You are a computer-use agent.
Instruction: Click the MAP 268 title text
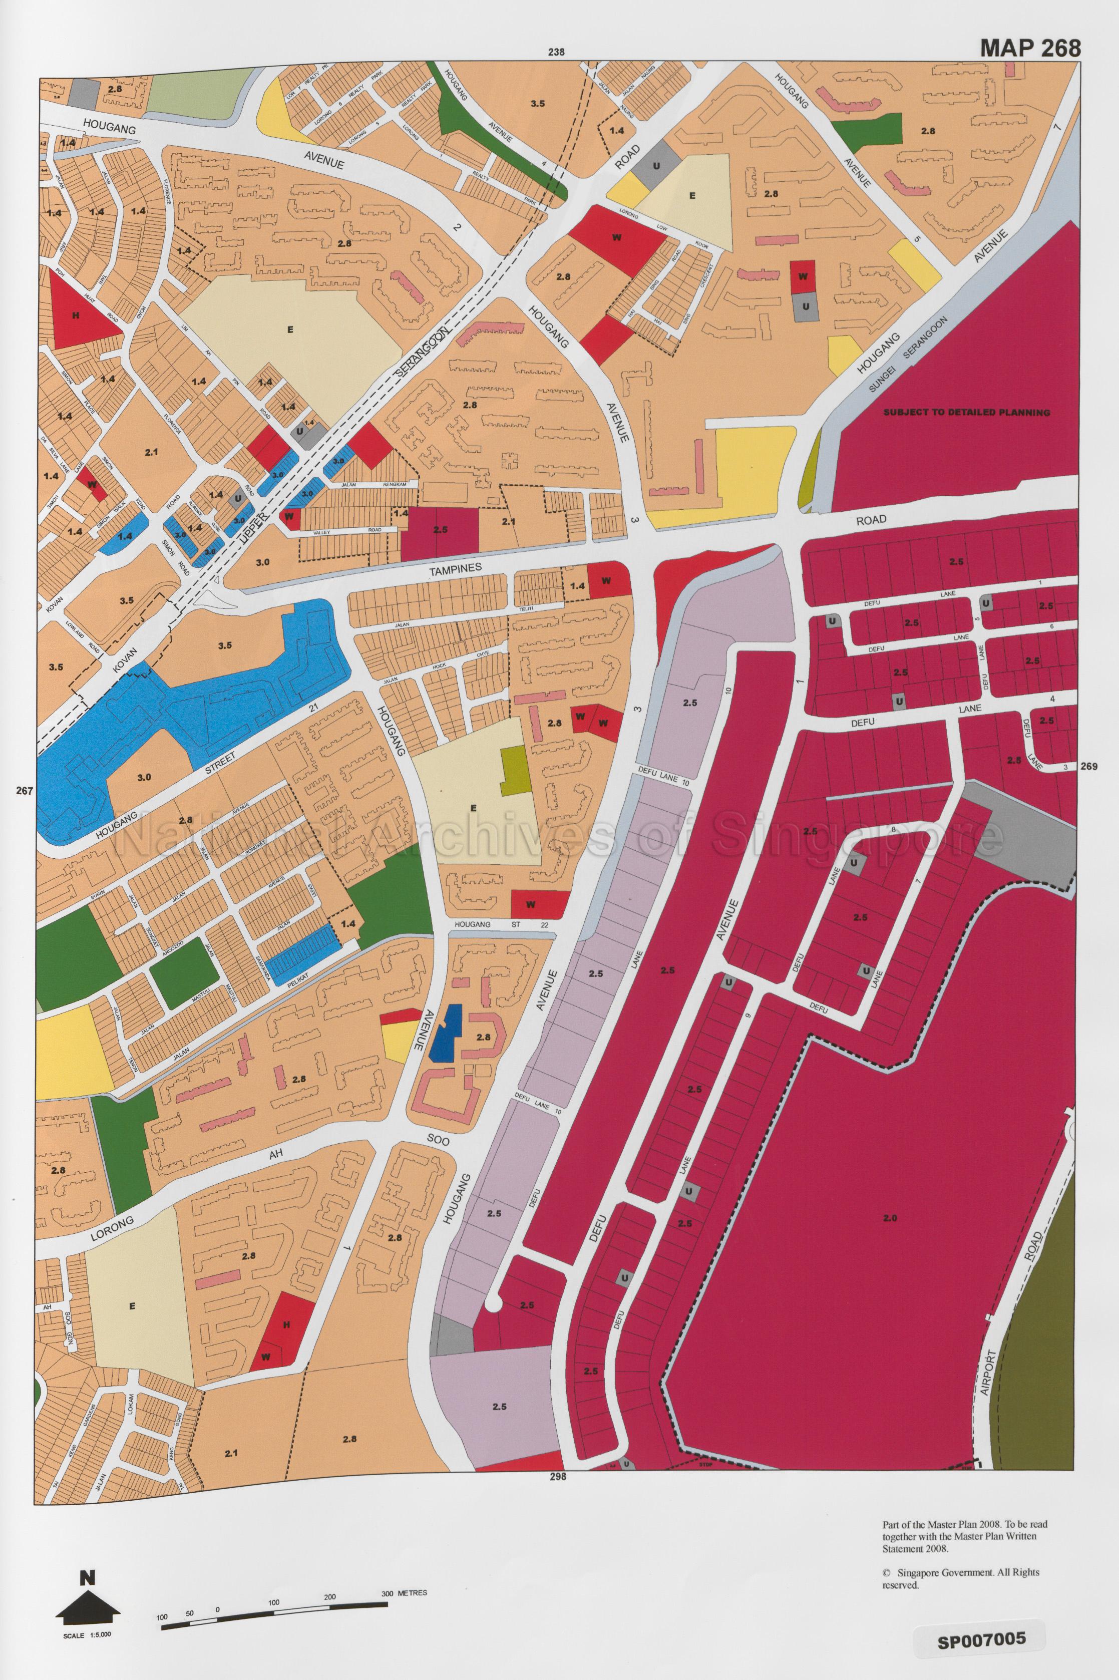coord(1030,47)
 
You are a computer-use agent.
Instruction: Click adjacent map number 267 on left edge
coord(24,790)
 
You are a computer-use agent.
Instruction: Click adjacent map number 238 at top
coord(556,52)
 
